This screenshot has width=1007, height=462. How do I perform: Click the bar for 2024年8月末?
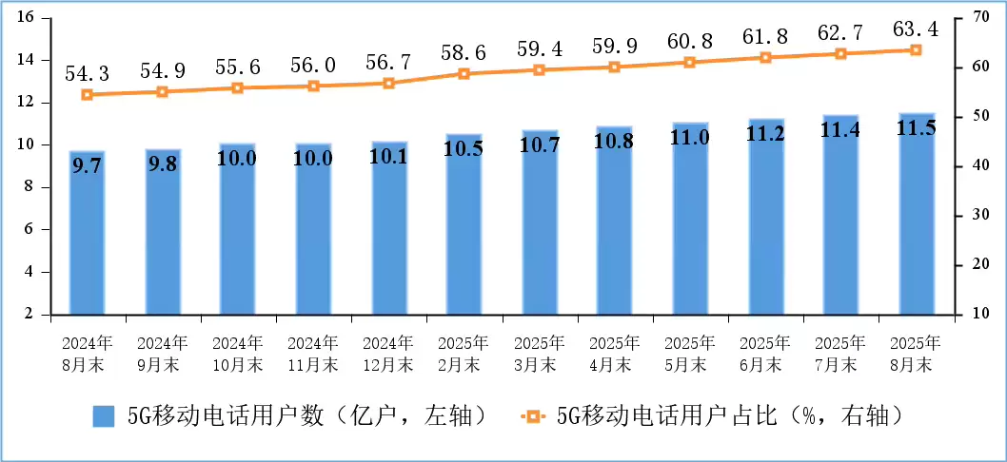(87, 233)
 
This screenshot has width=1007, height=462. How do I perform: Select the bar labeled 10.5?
(464, 224)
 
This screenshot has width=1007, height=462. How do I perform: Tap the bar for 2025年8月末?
(917, 214)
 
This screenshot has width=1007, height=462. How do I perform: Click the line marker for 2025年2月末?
(464, 73)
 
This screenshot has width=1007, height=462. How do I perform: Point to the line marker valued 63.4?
(917, 49)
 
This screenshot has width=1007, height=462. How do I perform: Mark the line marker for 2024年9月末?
(162, 92)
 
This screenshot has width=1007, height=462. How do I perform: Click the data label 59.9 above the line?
(614, 46)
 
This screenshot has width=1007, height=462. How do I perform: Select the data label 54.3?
(87, 73)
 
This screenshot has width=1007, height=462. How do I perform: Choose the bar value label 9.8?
(162, 164)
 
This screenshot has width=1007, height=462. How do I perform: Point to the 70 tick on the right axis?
(977, 18)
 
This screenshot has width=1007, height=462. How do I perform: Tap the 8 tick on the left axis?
(30, 187)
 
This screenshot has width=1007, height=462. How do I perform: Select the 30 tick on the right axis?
(977, 216)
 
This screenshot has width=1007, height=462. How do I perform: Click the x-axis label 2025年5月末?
(690, 353)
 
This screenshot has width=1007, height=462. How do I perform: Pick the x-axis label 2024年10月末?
(237, 353)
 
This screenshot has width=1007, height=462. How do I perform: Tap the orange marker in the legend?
(532, 416)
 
